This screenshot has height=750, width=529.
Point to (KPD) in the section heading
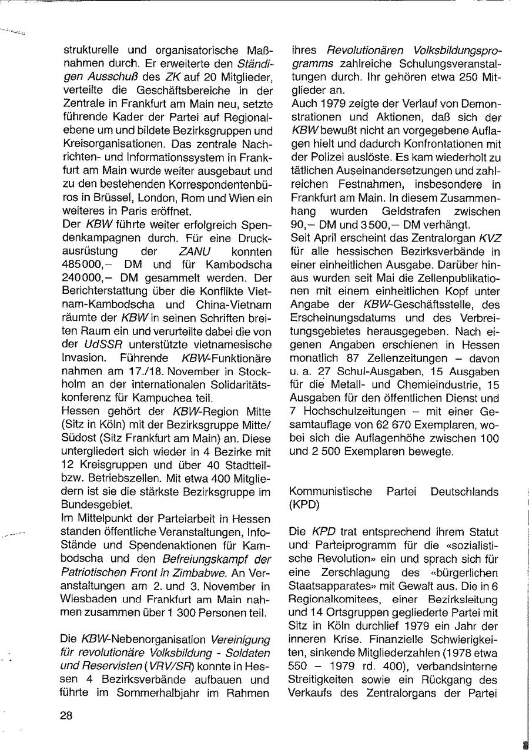click(304, 504)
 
